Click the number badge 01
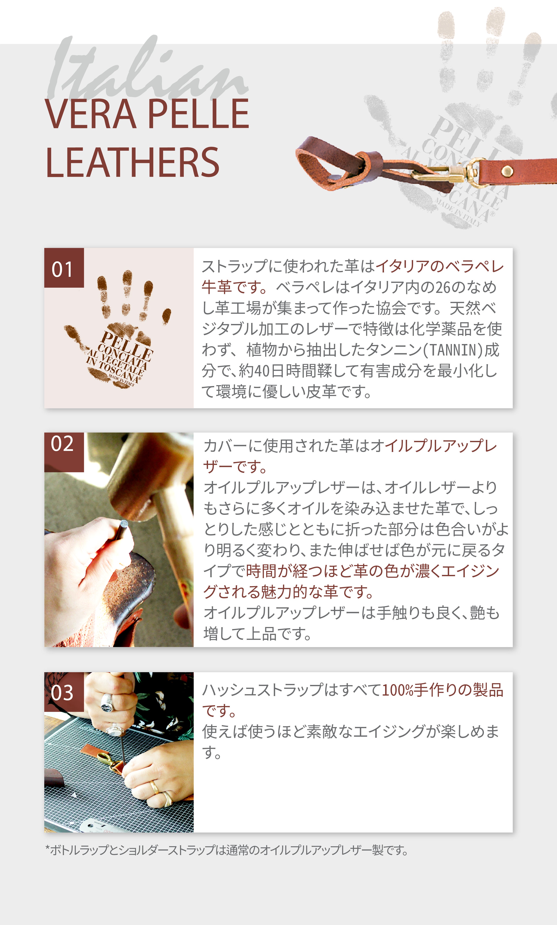tap(64, 268)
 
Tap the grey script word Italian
tap(146, 69)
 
